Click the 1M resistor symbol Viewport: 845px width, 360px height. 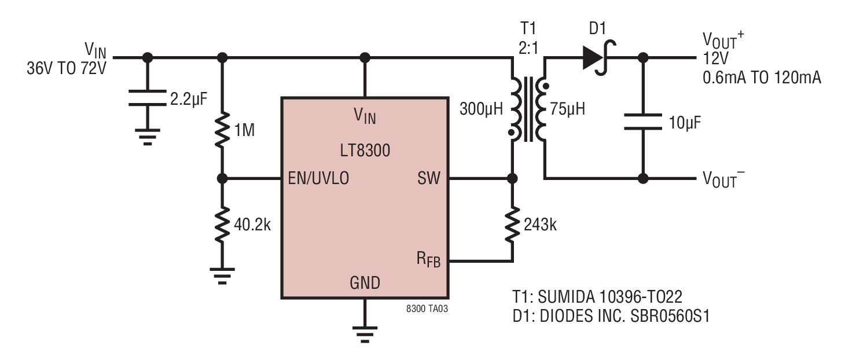pos(222,130)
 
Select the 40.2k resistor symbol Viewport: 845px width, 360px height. pos(222,224)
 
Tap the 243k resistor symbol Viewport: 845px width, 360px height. pos(512,224)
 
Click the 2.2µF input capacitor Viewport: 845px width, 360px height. pos(148,98)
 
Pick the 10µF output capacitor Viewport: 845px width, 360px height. pos(643,122)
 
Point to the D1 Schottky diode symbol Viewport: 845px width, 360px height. pos(599,58)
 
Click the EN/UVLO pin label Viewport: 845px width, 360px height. pos(318,178)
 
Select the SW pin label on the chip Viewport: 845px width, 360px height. pos(429,178)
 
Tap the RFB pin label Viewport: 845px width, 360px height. pos(428,260)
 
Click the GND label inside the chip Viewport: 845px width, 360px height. pos(365,282)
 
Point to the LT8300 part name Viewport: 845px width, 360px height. pos(365,150)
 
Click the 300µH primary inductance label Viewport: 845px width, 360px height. pos(481,109)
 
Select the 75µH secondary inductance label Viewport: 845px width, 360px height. pos(567,109)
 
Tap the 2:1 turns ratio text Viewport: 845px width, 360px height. pos(528,48)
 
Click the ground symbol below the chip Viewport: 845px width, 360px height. pos(365,335)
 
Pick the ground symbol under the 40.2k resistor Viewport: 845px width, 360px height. pos(222,276)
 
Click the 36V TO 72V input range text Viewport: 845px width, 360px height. pos(67,68)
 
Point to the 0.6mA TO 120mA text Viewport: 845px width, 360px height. pos(762,78)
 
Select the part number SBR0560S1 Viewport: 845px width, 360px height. pos(670,316)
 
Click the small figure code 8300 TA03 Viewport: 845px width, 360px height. pos(427,308)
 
